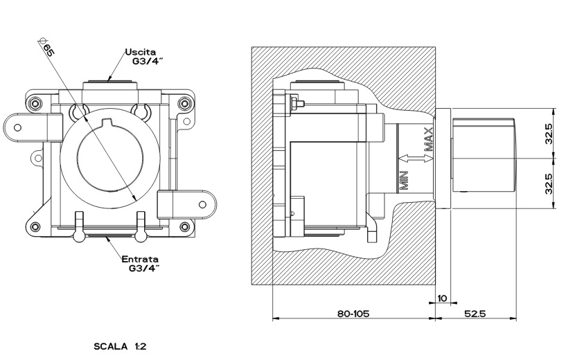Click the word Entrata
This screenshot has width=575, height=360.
[141, 259]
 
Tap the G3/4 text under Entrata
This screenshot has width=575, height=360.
[145, 269]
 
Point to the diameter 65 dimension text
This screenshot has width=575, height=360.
[48, 51]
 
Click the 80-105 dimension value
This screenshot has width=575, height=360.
[353, 314]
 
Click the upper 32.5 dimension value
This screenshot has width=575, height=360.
[548, 134]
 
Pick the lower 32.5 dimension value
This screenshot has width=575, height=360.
[548, 184]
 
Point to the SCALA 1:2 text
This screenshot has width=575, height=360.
[120, 344]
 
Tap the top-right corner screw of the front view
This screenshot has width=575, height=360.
[183, 104]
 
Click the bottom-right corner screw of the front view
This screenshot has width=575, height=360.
[184, 226]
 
